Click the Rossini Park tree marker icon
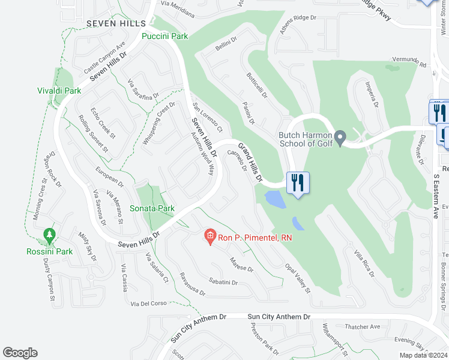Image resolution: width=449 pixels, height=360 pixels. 49,233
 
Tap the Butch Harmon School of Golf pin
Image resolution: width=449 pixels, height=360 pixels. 340,139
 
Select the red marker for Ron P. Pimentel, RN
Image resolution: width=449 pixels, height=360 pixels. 210,237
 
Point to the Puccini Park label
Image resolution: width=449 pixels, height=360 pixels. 164,36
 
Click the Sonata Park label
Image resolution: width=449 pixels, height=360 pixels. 152,208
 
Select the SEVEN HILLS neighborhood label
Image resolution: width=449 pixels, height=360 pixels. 116,23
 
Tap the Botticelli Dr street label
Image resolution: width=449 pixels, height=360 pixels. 256,86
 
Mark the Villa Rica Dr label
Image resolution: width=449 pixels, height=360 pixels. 364,263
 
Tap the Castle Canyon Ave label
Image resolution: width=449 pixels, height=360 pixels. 104,54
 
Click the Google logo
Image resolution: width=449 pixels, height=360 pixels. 20,352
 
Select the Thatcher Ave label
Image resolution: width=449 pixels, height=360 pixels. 363,327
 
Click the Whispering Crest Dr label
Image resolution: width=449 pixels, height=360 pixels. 158,123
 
